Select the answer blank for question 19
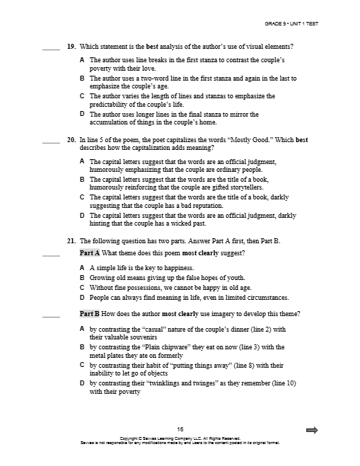(x=51, y=49)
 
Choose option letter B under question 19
(x=83, y=78)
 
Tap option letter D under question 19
(x=83, y=113)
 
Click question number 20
(x=71, y=140)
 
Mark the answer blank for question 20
(x=51, y=143)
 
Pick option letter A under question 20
(x=83, y=161)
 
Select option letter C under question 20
(x=83, y=197)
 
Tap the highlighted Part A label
(x=90, y=252)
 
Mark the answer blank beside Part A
(x=51, y=255)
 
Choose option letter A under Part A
(x=83, y=269)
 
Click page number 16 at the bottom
(x=180, y=429)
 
